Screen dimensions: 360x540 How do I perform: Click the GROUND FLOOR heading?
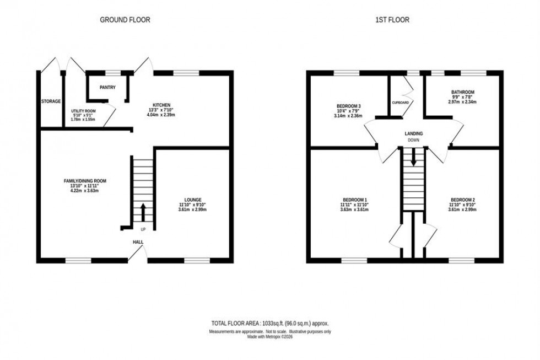point(125,20)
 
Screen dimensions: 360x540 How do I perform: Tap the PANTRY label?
point(107,87)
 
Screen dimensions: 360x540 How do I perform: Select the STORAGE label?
point(51,101)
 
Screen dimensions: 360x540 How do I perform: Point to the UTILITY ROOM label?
point(83,111)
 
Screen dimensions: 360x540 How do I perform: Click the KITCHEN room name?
point(161,105)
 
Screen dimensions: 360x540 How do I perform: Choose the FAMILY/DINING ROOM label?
point(84,181)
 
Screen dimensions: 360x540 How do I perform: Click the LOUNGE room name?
point(192,200)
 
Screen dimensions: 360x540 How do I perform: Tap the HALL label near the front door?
point(137,241)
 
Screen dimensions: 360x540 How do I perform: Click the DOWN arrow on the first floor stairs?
point(413,159)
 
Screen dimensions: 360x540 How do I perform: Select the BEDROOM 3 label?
point(348,106)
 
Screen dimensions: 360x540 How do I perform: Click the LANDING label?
point(413,133)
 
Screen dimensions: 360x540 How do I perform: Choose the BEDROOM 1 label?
point(355,200)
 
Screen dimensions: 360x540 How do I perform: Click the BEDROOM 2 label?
point(462,200)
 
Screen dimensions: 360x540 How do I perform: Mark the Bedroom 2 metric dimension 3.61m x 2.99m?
point(462,209)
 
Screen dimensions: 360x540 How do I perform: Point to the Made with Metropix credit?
point(269,337)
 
